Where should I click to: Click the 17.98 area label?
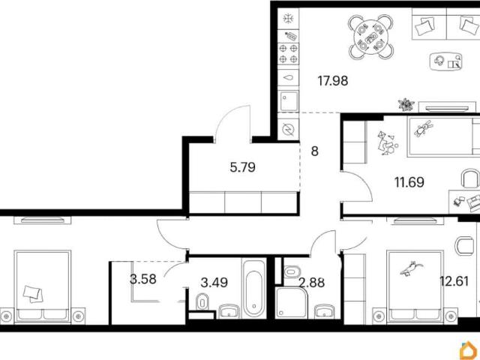coord(333,81)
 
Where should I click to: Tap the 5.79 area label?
coord(243,167)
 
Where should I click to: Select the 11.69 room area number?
coord(409,182)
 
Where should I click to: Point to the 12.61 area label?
coord(454,280)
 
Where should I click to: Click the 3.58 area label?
coord(143,279)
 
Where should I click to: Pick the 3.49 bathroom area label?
coord(214,282)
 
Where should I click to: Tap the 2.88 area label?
coord(312,282)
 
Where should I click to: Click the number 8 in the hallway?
coord(315,151)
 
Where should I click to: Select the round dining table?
coord(371,37)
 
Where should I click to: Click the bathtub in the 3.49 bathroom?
coord(254,289)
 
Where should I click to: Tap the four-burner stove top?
coord(288,53)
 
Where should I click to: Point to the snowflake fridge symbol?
coord(288,19)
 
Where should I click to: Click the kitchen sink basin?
coord(289,101)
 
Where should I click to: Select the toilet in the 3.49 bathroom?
coord(202,302)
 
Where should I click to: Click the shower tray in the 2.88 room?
coord(291,303)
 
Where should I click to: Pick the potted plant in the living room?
coord(406,104)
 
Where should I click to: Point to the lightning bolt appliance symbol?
coord(288,130)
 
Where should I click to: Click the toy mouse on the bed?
coord(412,268)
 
